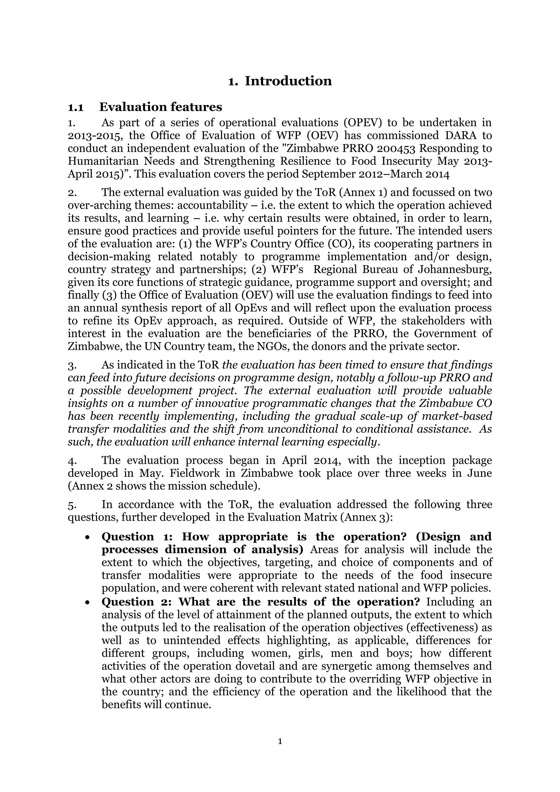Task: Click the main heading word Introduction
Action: pos(288,81)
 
